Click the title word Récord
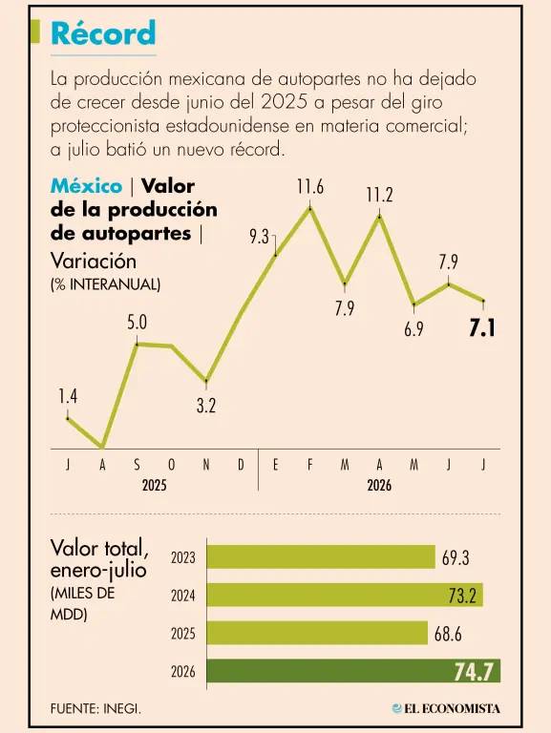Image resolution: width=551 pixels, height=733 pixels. click(103, 33)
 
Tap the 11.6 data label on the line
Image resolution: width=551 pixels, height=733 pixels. click(309, 187)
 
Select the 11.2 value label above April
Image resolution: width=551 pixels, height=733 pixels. click(379, 195)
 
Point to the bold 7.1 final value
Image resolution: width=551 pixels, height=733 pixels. click(482, 328)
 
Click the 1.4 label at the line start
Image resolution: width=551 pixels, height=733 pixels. click(68, 396)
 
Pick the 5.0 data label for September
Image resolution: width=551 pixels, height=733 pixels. click(138, 323)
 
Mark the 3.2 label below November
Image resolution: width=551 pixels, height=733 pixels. click(206, 406)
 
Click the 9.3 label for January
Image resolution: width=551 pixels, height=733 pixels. click(259, 237)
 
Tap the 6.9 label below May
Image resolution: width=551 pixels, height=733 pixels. click(413, 329)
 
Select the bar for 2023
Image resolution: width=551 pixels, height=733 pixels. click(321, 556)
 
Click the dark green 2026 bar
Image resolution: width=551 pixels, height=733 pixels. click(353, 671)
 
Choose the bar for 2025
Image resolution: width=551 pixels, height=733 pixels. click(317, 633)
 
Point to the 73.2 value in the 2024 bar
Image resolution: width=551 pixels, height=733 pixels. click(462, 596)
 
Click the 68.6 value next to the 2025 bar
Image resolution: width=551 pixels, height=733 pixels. click(448, 634)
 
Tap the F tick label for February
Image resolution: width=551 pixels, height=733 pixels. click(310, 465)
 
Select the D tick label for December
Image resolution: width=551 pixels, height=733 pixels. click(241, 465)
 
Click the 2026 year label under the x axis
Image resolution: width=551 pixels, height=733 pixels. click(379, 485)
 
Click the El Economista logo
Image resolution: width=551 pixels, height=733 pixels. click(446, 709)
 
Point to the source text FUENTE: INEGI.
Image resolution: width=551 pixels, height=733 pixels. click(95, 709)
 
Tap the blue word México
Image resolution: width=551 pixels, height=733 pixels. click(87, 186)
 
